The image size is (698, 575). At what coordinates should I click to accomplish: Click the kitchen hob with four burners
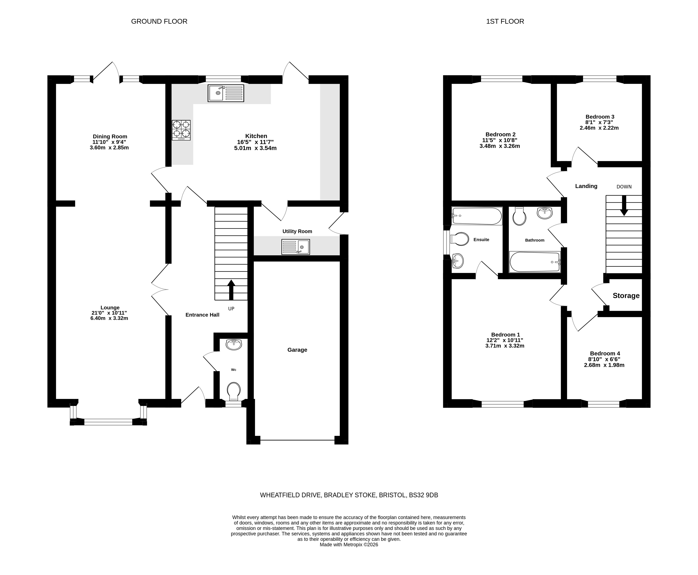pos(181,130)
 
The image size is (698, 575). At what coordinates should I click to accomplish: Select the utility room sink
pos(296,247)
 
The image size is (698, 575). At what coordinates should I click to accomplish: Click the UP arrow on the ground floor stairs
pos(231,290)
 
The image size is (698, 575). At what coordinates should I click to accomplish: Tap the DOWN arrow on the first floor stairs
pos(624,205)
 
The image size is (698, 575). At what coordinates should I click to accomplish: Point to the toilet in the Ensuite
pos(460,239)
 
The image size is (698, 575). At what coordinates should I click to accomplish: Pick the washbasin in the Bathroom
pos(545,213)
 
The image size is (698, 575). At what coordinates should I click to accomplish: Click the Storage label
pos(626,295)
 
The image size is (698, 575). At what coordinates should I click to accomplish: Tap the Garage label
pos(297,350)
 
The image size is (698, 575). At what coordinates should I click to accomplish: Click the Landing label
pos(586,186)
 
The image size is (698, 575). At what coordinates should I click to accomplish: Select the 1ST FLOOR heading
pos(505,21)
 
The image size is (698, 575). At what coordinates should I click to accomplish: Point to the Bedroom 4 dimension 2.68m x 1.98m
pos(604,365)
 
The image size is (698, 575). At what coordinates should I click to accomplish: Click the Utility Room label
pos(297,231)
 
